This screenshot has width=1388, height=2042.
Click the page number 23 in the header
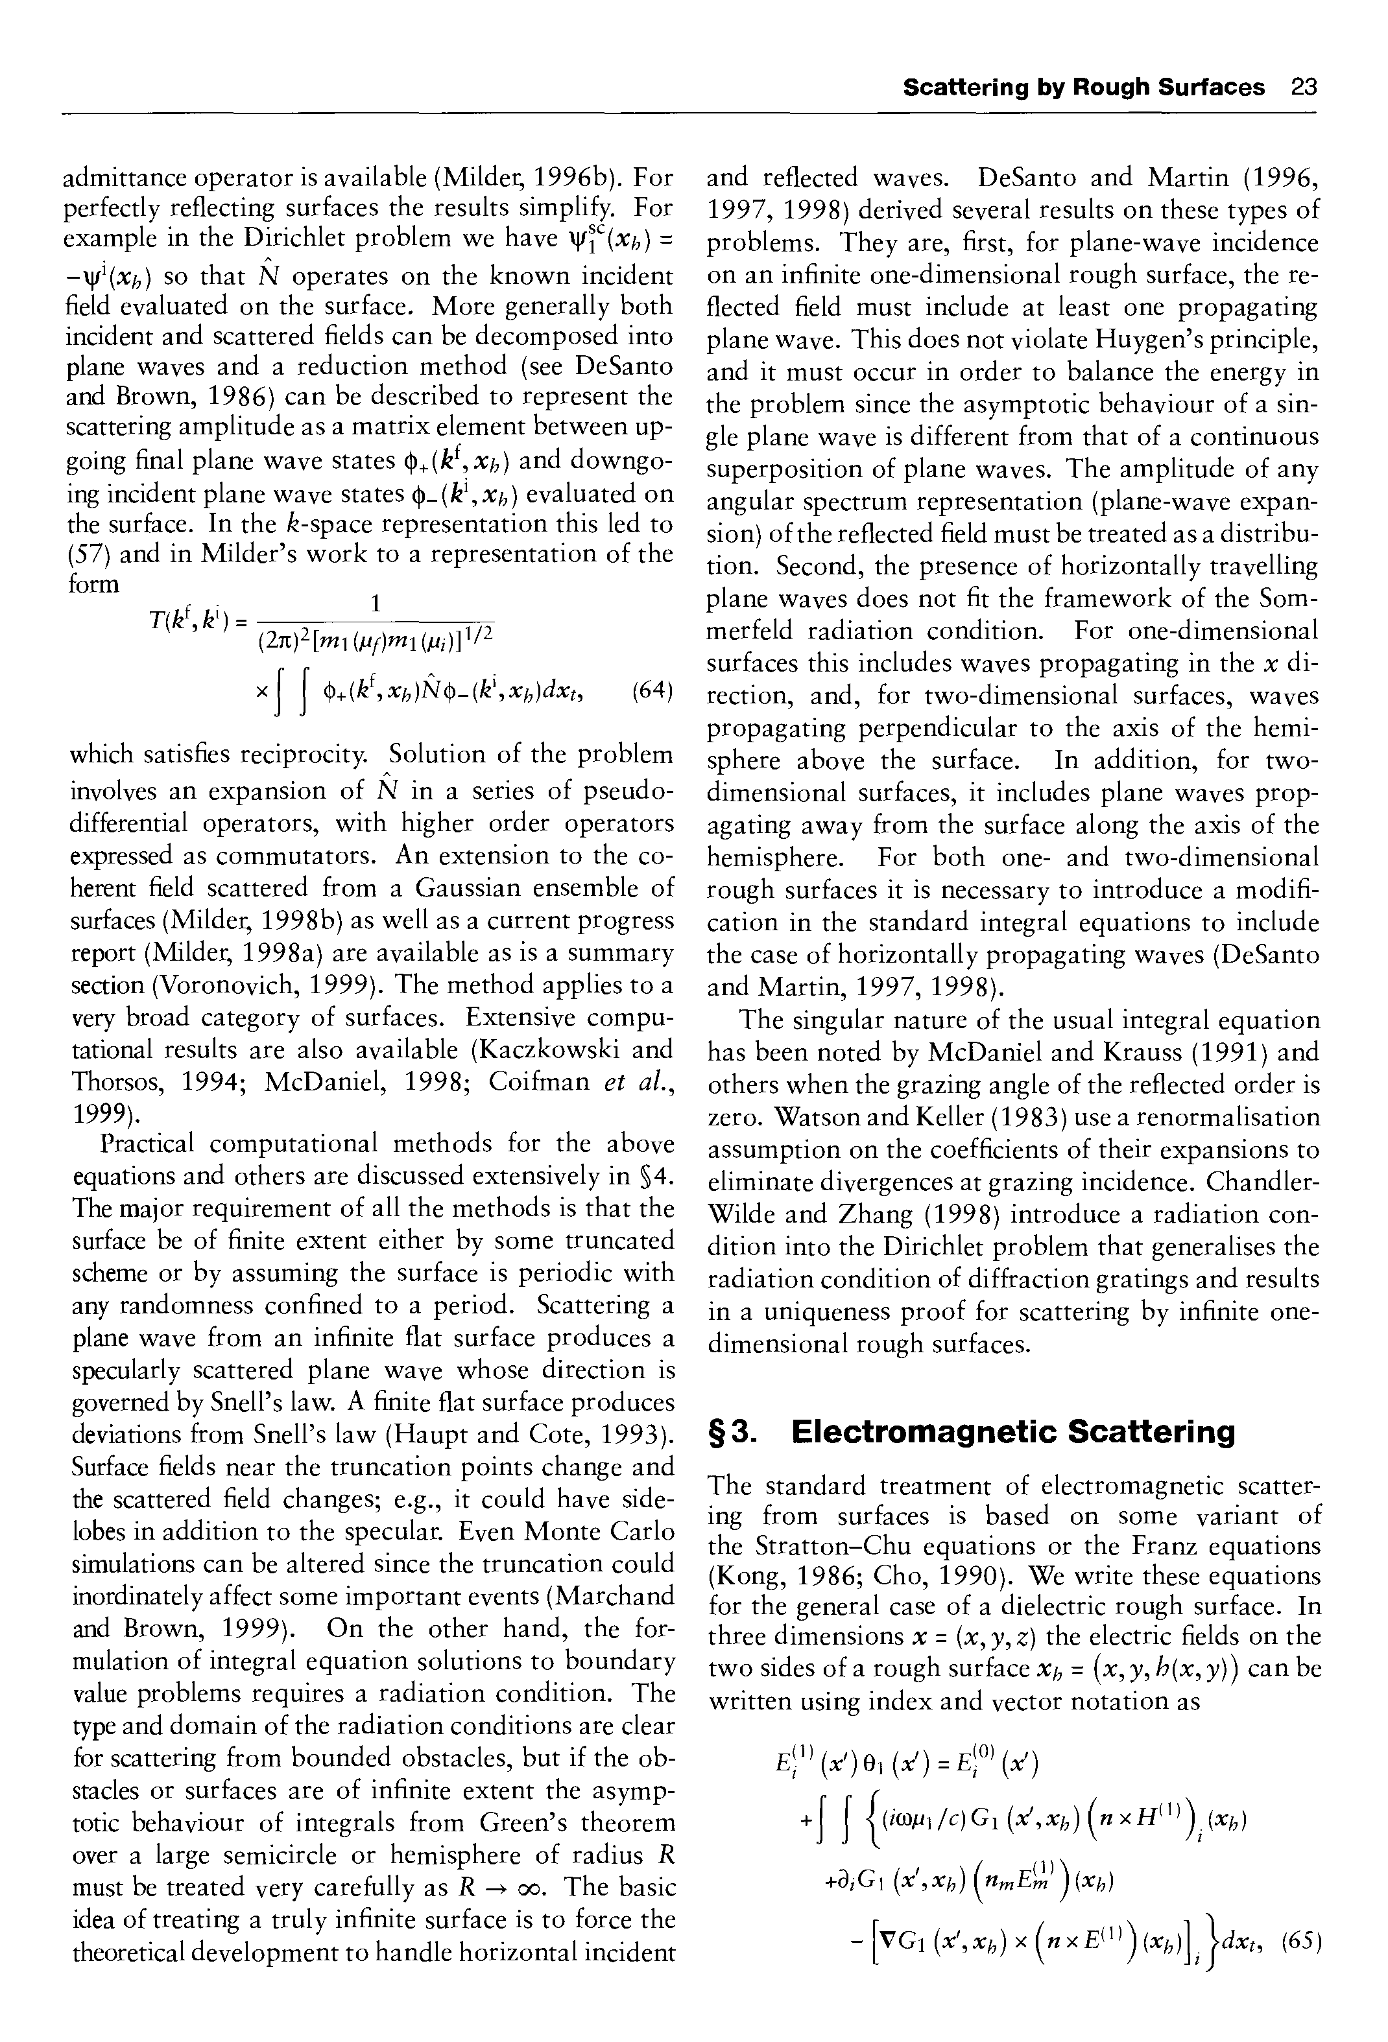[1304, 87]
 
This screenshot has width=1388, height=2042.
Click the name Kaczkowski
[544, 1050]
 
